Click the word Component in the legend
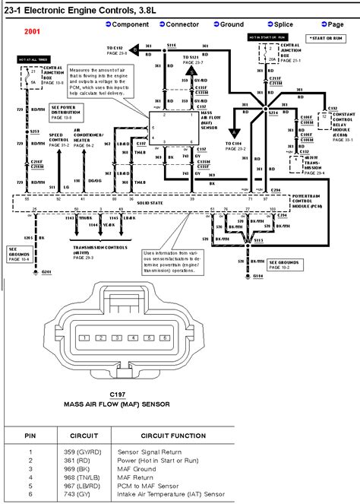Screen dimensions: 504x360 click(131, 25)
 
